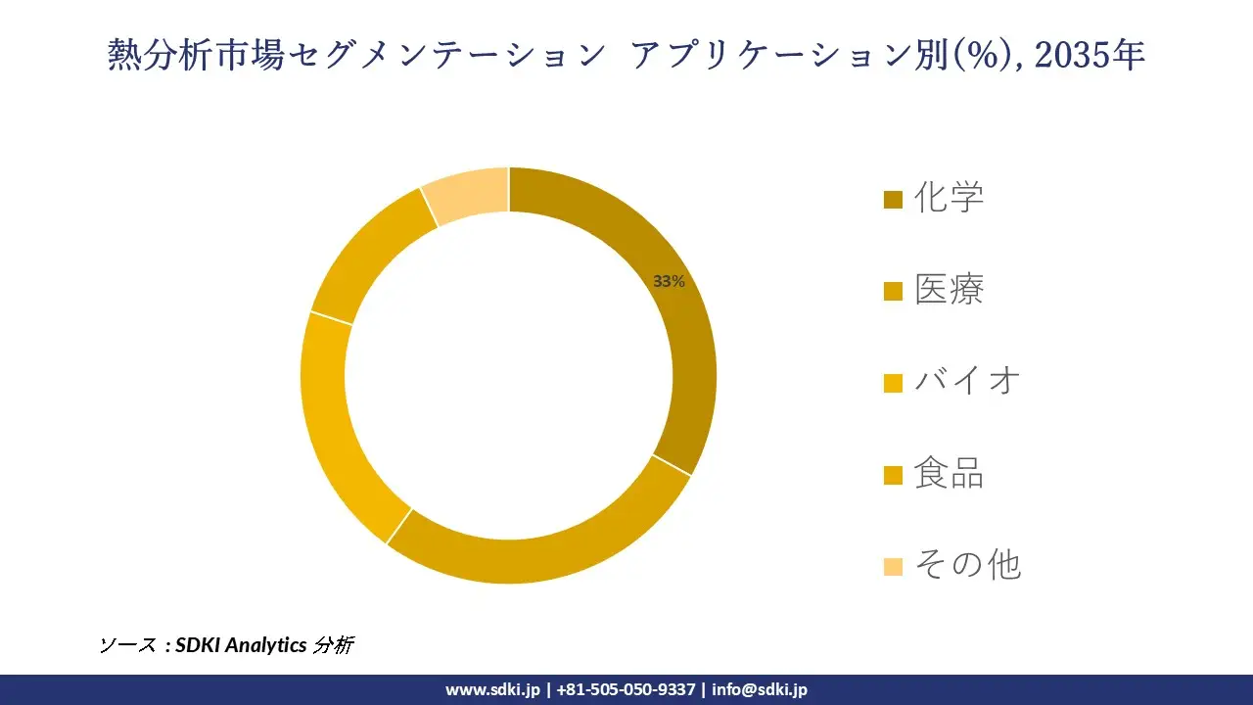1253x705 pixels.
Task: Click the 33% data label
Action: click(669, 281)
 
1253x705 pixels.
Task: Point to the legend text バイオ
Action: click(967, 381)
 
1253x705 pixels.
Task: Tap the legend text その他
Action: click(967, 565)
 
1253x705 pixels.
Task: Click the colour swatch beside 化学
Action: click(892, 201)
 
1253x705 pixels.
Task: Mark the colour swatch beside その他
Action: click(892, 567)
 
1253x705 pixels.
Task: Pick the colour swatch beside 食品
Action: click(892, 476)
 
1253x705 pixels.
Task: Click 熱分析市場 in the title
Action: click(195, 56)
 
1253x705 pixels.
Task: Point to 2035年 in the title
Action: click(1090, 56)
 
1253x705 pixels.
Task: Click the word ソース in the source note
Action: click(127, 645)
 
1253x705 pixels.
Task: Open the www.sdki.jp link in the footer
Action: click(492, 689)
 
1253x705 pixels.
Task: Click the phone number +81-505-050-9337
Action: click(626, 689)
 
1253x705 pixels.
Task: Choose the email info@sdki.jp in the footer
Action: click(760, 689)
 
